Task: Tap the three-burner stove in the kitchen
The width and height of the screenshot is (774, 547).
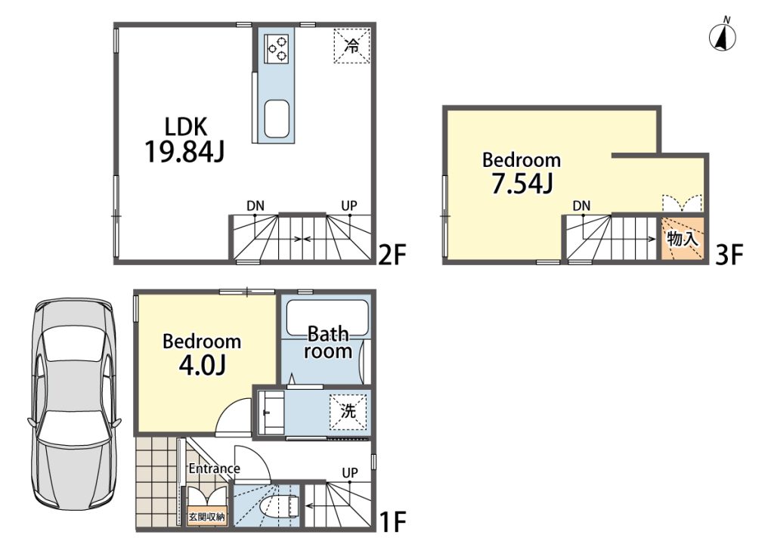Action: point(277,48)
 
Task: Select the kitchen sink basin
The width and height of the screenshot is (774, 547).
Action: point(277,119)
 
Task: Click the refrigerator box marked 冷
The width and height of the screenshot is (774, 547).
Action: point(351,46)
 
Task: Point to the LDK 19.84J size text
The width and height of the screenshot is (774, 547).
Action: point(184,140)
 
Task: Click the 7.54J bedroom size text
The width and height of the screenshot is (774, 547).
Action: point(522,184)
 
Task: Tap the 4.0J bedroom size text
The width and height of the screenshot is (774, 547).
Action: point(202,364)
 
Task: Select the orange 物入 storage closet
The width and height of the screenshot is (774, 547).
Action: point(683,239)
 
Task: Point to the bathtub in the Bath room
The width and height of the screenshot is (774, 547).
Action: point(327,318)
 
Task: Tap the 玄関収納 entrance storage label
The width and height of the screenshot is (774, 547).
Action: point(207,517)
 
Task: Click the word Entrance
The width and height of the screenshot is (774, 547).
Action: point(214,468)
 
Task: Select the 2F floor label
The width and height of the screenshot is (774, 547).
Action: point(392,255)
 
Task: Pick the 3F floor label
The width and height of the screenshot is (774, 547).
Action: point(729,255)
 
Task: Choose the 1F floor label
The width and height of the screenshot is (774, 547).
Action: point(393,522)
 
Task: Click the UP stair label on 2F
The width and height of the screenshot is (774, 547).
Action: point(349,206)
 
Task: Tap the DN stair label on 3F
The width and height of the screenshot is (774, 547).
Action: point(581,206)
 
